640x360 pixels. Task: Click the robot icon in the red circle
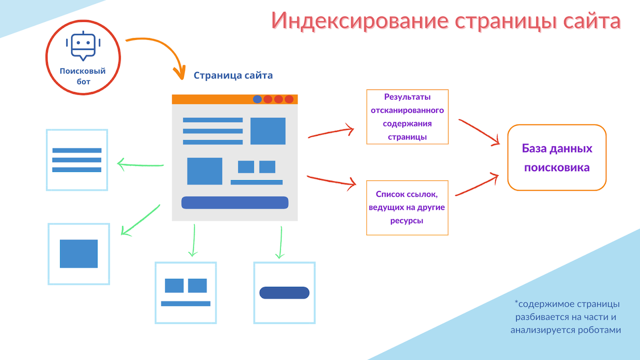(83, 47)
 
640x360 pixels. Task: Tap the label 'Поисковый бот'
(83, 76)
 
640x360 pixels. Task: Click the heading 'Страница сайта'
(233, 75)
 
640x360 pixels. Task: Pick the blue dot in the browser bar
(257, 99)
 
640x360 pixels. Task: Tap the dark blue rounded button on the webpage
(235, 203)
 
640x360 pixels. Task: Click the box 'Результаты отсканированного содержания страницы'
(407, 117)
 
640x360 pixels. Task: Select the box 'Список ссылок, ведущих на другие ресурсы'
(407, 207)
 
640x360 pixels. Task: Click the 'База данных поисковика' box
(557, 157)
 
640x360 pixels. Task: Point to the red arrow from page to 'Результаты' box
(331, 132)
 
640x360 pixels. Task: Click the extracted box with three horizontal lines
(77, 160)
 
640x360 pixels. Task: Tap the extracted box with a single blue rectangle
(79, 254)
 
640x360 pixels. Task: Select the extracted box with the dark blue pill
(284, 293)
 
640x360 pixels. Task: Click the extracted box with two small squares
(186, 292)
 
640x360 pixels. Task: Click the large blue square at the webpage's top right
(268, 131)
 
